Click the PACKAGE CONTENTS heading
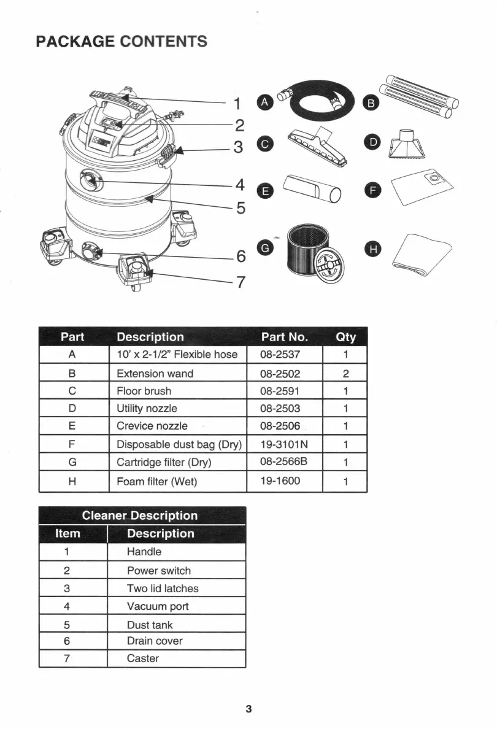coord(121,42)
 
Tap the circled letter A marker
coord(264,102)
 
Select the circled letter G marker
coord(265,248)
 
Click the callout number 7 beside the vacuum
coord(241,282)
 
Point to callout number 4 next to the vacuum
coord(240,185)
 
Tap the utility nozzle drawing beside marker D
coord(404,145)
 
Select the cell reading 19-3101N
coord(283,444)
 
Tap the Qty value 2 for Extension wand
coord(345,374)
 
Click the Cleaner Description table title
coord(140,515)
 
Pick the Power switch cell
coord(159,571)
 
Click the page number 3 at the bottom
coord(248,709)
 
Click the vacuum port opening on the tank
coord(90,179)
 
